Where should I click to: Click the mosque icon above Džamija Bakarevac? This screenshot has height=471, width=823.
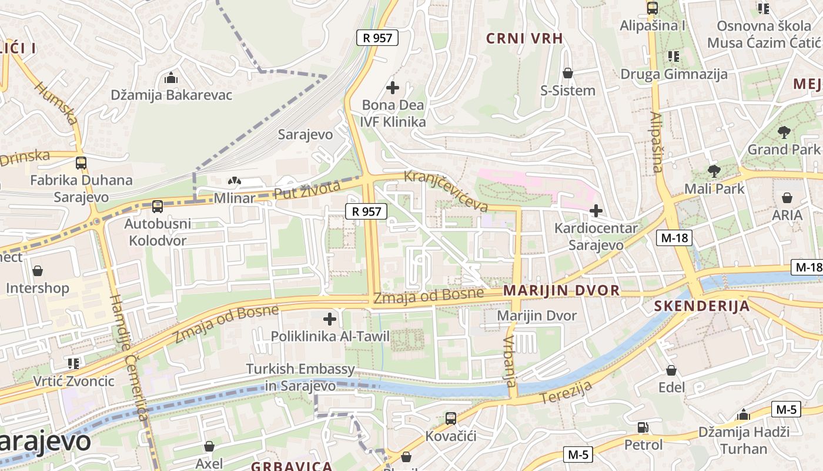point(171,78)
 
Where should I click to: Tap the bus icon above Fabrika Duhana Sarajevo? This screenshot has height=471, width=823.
point(81,163)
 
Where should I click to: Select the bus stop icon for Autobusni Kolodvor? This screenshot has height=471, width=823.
point(157,207)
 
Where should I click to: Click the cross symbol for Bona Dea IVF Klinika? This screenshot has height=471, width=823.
point(393,88)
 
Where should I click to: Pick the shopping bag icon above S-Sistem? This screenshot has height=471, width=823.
point(568,73)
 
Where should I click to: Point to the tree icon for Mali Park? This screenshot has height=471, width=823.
point(714,171)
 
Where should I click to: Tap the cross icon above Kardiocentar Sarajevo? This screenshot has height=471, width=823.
point(596,210)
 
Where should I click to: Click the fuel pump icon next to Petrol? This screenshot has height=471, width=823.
point(643,427)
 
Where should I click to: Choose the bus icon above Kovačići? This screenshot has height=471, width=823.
point(451,419)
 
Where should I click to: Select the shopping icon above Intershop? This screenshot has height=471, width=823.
point(38,271)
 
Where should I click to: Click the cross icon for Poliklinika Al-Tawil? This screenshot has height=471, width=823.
point(330,319)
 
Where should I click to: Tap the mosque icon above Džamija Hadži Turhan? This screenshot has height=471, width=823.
point(744,414)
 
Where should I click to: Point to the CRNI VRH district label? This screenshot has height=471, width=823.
point(524,38)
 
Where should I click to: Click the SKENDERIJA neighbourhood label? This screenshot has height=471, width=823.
point(702,306)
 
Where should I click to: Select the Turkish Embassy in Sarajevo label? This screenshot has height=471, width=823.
point(300,377)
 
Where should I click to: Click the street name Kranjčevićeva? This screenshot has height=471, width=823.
point(446,191)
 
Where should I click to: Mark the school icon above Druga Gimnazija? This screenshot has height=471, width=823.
point(674,57)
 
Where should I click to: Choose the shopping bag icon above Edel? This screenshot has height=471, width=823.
point(671,370)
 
